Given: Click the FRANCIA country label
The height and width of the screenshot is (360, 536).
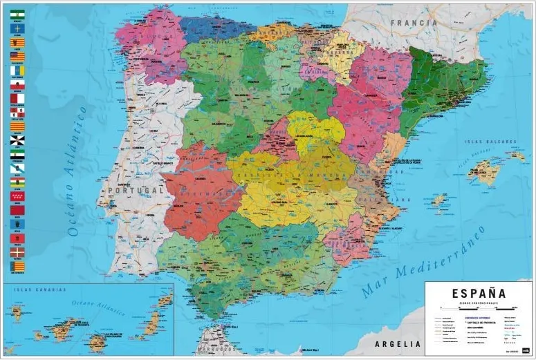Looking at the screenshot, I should coord(414,22).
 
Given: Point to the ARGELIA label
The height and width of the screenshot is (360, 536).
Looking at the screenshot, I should coord(397,343).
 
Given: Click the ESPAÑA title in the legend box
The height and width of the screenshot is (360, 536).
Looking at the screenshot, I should coord(479,294).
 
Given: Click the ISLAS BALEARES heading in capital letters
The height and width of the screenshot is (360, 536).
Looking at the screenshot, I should coord(491,142).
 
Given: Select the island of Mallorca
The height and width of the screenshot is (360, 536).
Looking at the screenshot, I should coord(483,171).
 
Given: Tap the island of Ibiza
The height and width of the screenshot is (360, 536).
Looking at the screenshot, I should coord(438,201).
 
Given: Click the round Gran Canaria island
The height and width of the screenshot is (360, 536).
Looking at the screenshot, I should coord(98,340).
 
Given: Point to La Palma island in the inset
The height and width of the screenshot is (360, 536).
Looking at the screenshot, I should coord(16,314).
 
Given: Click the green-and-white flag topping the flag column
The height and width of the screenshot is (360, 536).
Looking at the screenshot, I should coord(17,14).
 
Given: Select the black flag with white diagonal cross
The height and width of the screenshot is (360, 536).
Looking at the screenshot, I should coord(17,140).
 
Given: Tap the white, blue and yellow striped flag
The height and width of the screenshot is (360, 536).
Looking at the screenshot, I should coord(17,70).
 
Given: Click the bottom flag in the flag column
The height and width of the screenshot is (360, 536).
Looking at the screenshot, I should coord(17,266).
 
